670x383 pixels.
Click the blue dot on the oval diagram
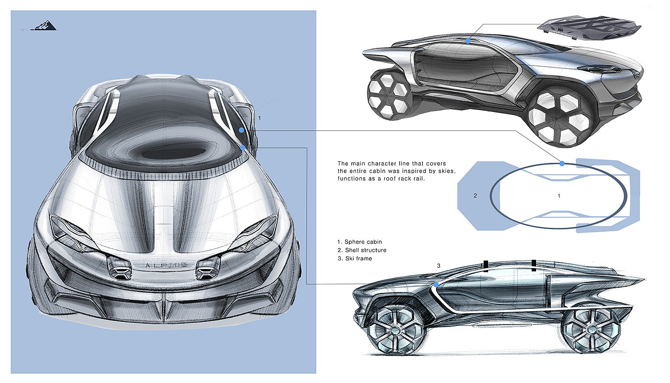click(562, 163)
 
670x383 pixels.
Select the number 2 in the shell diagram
click(475, 195)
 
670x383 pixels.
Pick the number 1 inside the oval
click(559, 195)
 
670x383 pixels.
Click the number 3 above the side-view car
click(438, 265)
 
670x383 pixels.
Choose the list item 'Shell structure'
click(365, 250)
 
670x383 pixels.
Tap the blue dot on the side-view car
click(436, 285)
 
